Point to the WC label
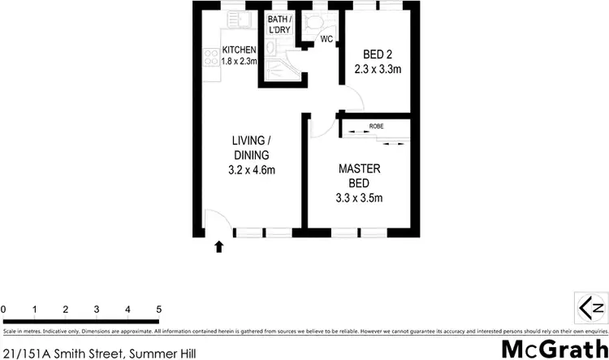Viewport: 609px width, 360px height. coord(326,39)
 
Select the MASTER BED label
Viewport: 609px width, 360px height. coord(360,176)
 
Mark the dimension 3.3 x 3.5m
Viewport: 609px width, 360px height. coord(360,197)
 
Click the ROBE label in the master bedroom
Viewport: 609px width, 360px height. coord(376,127)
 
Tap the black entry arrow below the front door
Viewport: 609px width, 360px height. coord(218,245)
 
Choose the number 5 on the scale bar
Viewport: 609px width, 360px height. coord(159,310)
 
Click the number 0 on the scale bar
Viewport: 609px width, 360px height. coord(4,310)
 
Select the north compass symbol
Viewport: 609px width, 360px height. coord(590,308)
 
